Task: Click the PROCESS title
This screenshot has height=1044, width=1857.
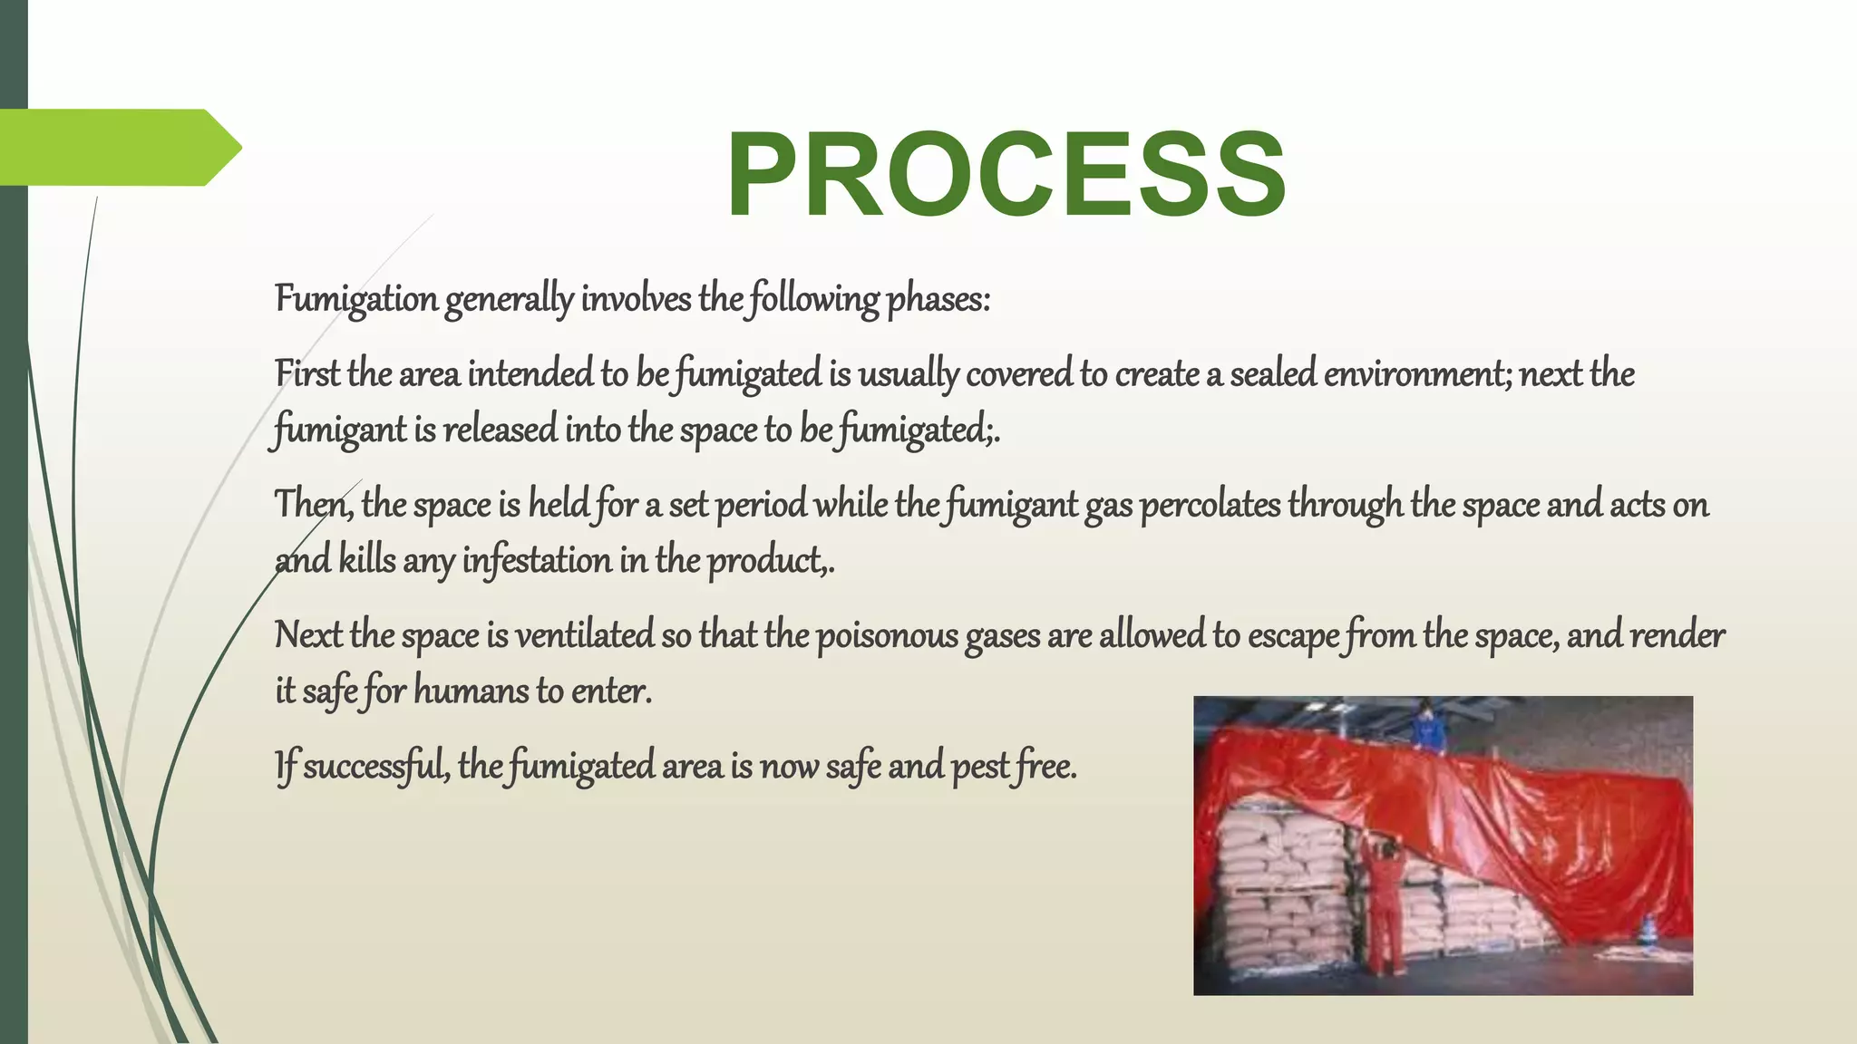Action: coord(1006,174)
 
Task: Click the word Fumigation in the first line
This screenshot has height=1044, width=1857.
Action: coord(356,299)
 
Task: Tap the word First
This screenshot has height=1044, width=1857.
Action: coord(306,373)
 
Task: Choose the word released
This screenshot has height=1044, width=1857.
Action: coord(500,430)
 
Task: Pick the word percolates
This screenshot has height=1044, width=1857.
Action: coord(1210,505)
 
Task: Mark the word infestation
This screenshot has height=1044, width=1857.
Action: coord(537,561)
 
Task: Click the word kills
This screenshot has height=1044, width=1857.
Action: coord(367,561)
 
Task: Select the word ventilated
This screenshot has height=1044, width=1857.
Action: coord(585,635)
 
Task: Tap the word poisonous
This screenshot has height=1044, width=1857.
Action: coord(887,635)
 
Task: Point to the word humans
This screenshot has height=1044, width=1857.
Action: coord(471,691)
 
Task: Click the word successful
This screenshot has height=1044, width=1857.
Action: coord(374,767)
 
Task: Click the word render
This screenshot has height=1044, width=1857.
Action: coord(1677,635)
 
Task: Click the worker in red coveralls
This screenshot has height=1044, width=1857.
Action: coord(1385,906)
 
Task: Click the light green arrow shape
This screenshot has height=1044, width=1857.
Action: coord(118,147)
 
